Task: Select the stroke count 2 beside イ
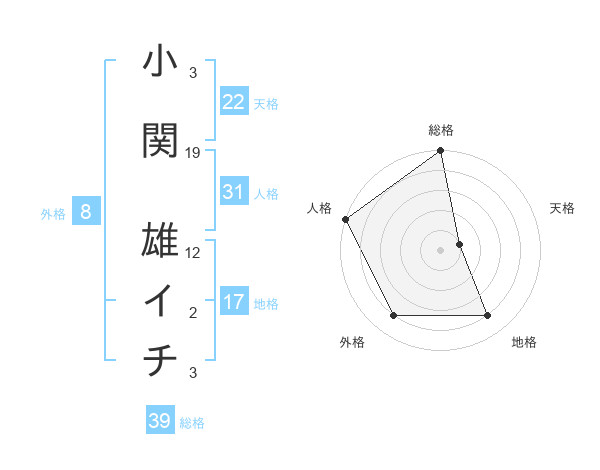pyautogui.click(x=193, y=313)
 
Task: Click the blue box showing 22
pyautogui.click(x=234, y=101)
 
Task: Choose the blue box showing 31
pyautogui.click(x=234, y=192)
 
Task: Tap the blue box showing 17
pyautogui.click(x=234, y=302)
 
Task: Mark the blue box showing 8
pyautogui.click(x=86, y=211)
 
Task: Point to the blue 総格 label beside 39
pyautogui.click(x=193, y=423)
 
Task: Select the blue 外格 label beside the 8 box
pyautogui.click(x=53, y=212)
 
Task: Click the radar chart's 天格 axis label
pyautogui.click(x=562, y=208)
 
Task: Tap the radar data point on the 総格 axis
pyautogui.click(x=440, y=152)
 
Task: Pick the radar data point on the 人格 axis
pyautogui.click(x=345, y=219)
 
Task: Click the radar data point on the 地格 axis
pyautogui.click(x=487, y=316)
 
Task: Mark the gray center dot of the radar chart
pyautogui.click(x=440, y=249)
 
